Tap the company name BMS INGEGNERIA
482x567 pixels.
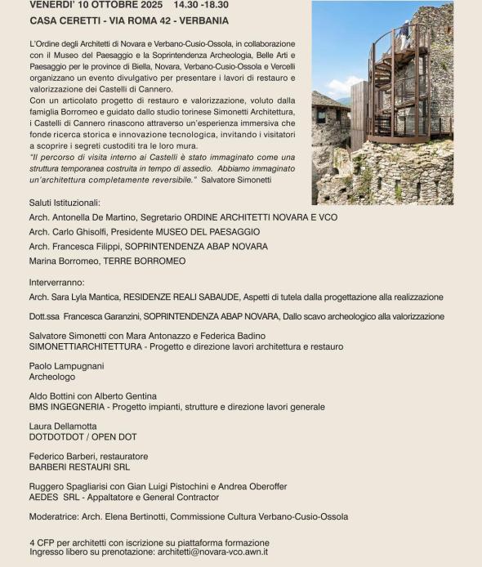click(x=68, y=406)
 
